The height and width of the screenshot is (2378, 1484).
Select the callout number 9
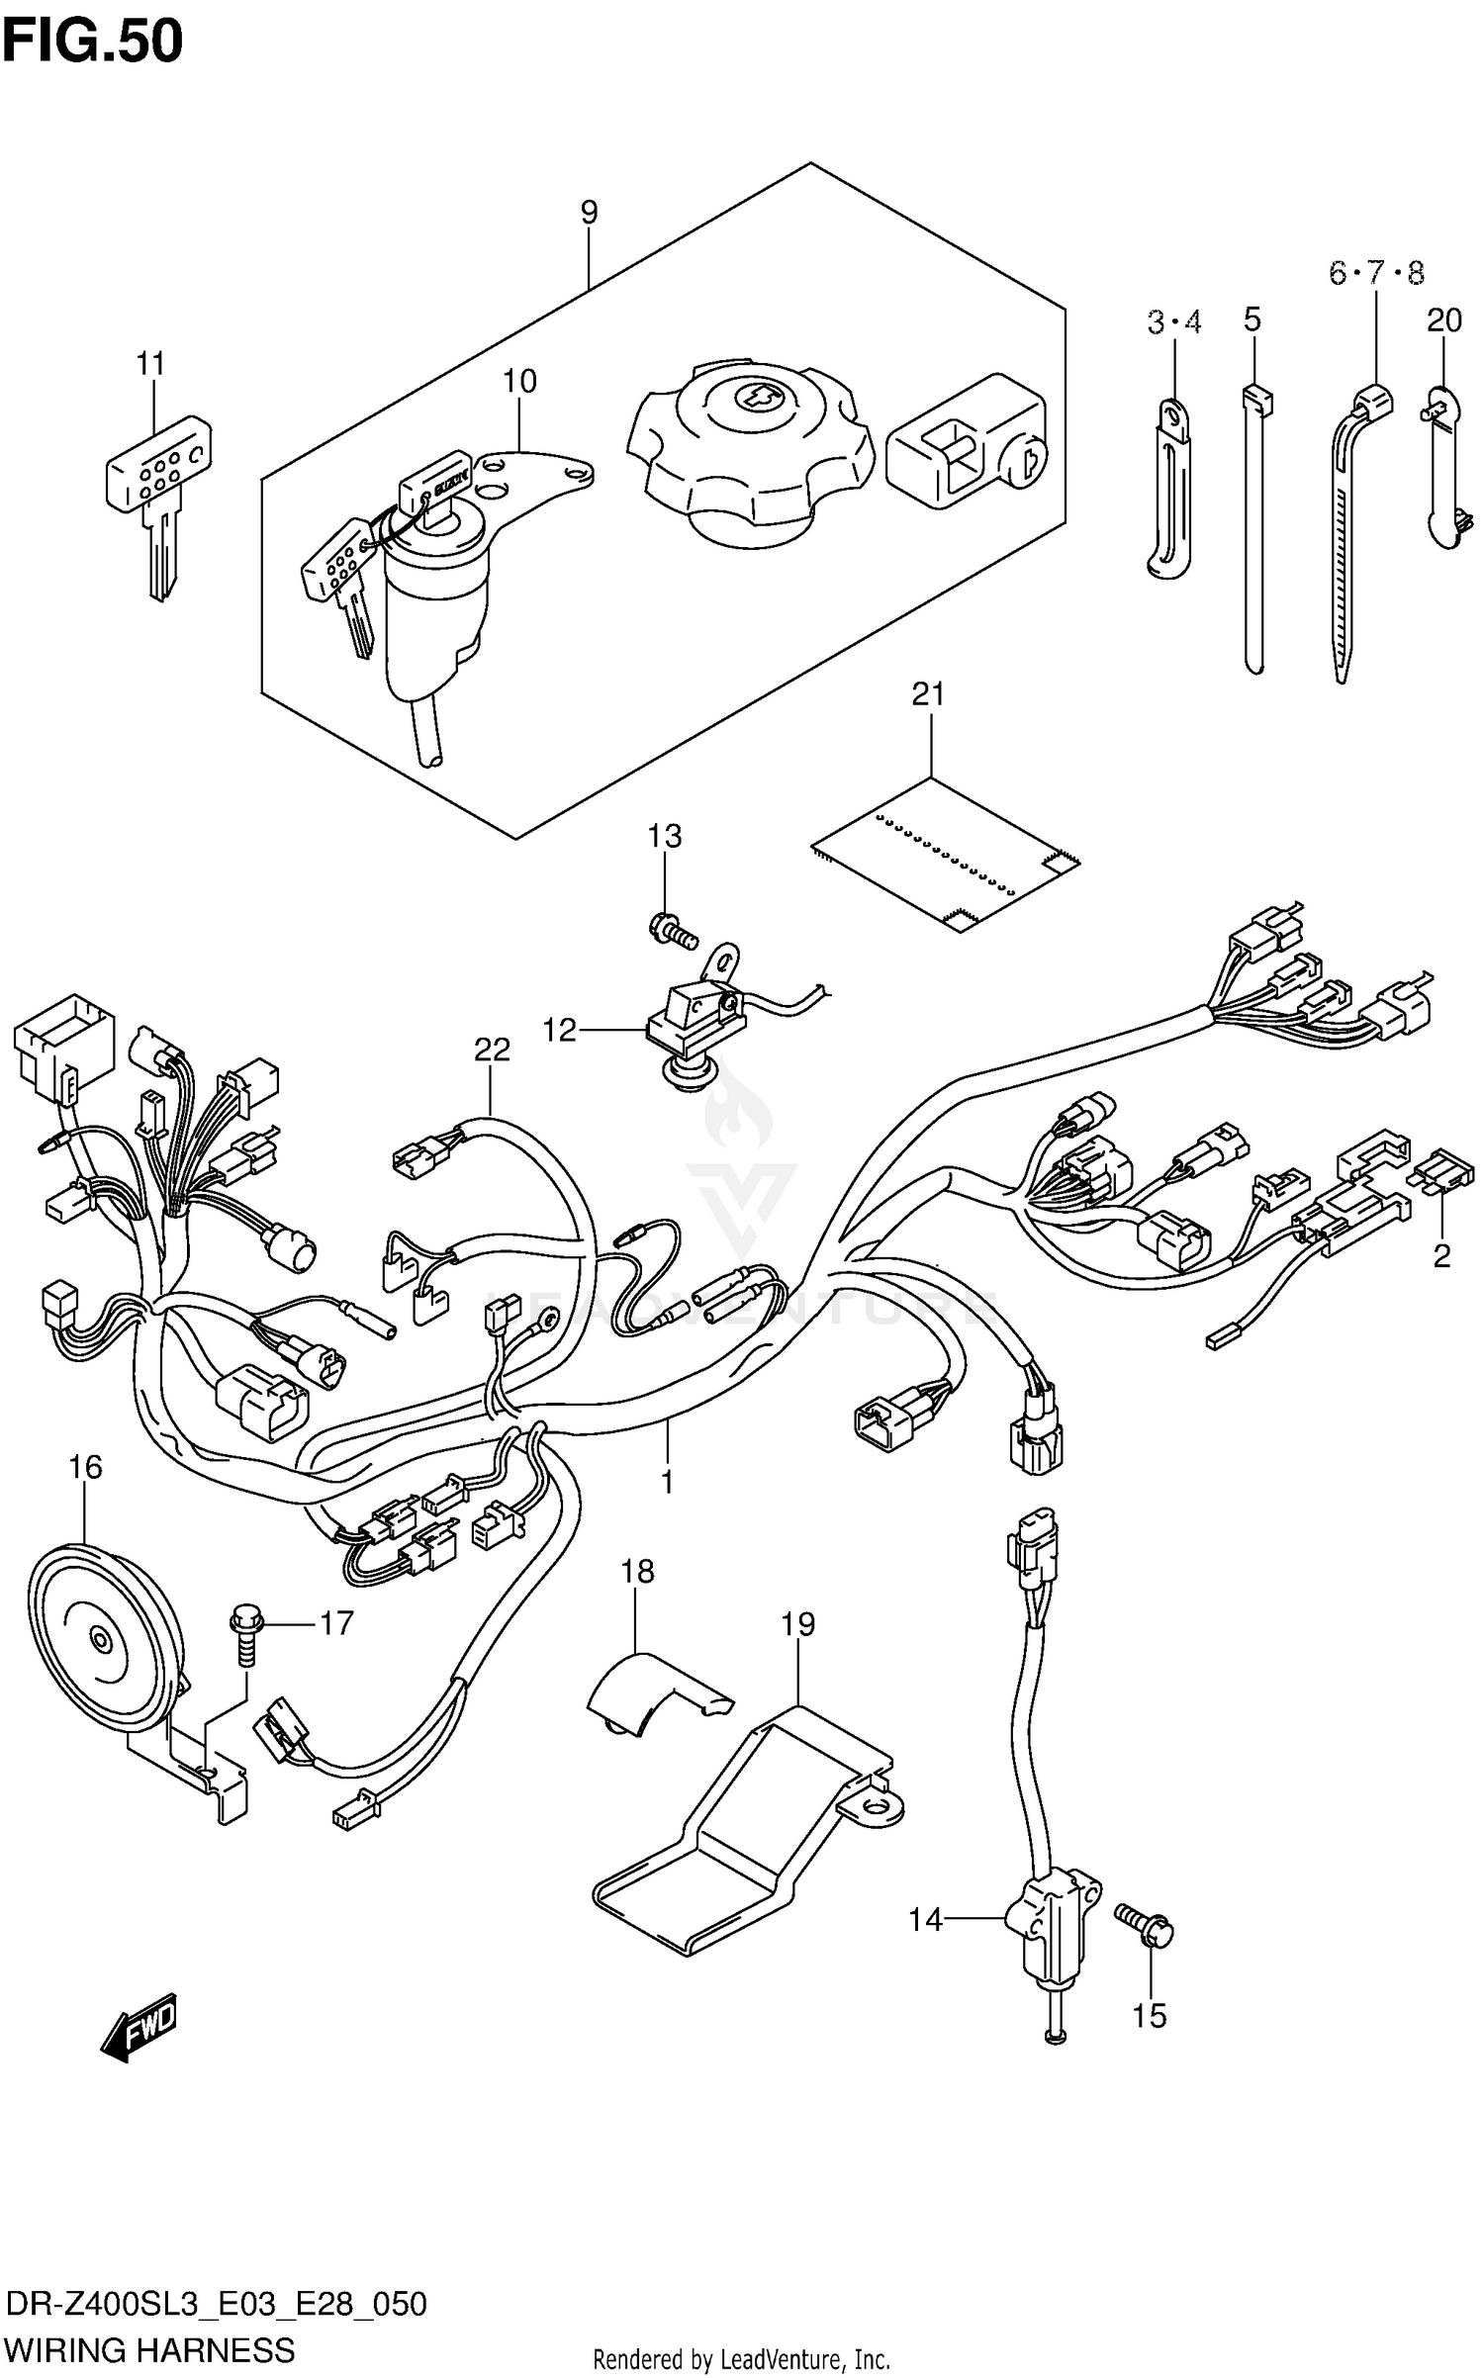point(589,212)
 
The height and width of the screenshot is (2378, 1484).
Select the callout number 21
point(929,694)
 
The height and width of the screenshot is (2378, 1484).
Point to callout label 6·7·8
point(1376,273)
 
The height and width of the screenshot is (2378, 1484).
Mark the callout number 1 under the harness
point(667,1481)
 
